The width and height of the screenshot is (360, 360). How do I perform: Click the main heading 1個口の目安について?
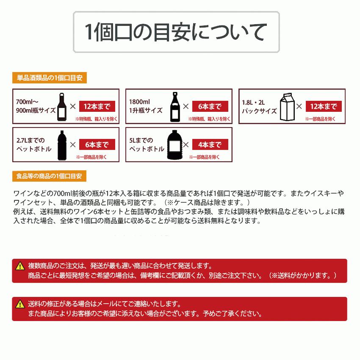coord(176,32)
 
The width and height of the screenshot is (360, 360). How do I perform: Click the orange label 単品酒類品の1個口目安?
coord(50,78)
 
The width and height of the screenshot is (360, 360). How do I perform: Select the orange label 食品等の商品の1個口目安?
coord(50,175)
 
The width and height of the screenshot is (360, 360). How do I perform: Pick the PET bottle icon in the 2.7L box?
coord(61,144)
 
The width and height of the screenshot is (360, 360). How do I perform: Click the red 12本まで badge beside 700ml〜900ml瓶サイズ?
coord(97,106)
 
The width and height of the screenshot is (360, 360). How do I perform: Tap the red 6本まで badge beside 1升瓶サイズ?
coord(210,106)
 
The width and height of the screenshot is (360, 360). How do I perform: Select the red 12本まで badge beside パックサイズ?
coord(324,106)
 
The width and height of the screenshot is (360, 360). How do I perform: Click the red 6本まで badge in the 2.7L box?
coord(97,144)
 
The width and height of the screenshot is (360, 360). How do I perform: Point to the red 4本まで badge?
coord(210,144)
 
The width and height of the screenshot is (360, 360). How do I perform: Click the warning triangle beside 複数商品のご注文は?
coord(20,266)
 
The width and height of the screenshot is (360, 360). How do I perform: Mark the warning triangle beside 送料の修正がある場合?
coord(20,305)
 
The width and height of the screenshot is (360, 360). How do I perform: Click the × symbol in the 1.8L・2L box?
coord(299,106)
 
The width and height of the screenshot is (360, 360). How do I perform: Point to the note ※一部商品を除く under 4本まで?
coord(205,157)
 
